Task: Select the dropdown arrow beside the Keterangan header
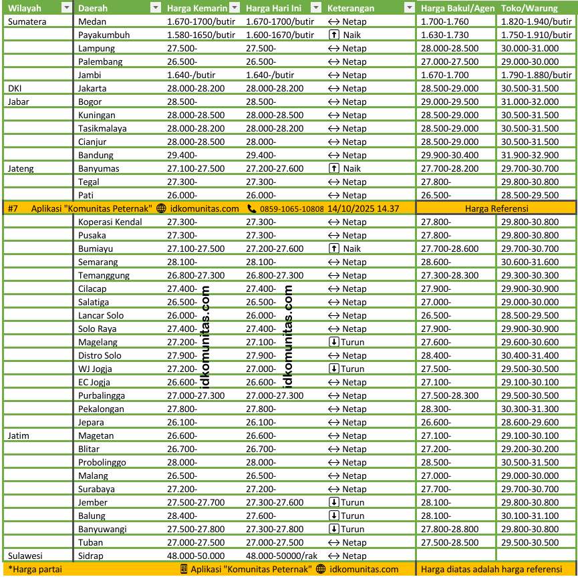409,8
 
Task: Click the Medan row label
92,21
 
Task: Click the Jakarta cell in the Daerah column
94,88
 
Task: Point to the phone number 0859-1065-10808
292,208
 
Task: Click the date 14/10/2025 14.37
364,208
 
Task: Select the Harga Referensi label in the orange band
496,208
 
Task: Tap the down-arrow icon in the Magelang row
334,342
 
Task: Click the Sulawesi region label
25,556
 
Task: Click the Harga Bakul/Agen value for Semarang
436,262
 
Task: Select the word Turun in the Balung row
353,516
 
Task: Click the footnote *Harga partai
35,570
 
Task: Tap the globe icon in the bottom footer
321,570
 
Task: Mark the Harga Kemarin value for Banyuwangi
196,529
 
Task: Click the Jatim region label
19,435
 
